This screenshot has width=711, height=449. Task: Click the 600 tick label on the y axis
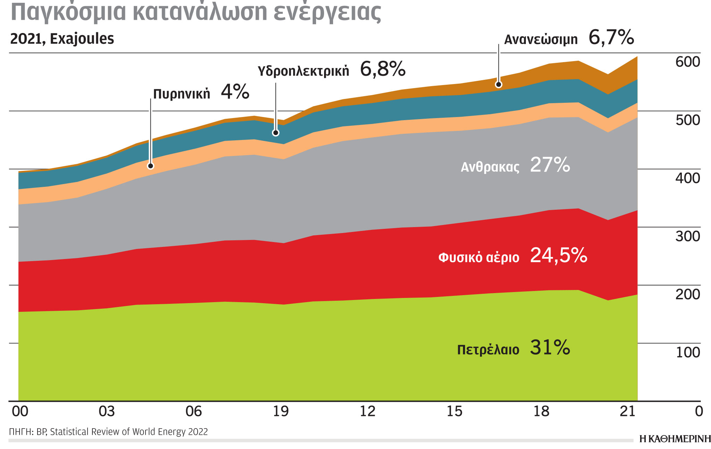pos(687,62)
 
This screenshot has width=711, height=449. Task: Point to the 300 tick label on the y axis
pos(687,236)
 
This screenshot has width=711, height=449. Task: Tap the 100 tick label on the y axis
pos(687,352)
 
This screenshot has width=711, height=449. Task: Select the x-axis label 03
pos(107,411)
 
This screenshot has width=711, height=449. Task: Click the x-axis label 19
pos(280,411)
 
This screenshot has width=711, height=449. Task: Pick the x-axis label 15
pos(454,411)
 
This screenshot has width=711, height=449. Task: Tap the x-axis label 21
pos(628,411)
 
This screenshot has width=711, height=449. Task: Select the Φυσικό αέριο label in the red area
pos(479,258)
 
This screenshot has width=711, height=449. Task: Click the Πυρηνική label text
pos(182,94)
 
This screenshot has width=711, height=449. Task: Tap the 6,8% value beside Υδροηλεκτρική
pos(382,69)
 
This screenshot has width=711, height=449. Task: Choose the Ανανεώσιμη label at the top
pos(541,40)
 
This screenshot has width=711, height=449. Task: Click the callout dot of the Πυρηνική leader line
pos(150,166)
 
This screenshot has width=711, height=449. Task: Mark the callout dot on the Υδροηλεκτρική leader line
pos(275,133)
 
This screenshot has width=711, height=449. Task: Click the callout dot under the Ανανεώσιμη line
pos(498,84)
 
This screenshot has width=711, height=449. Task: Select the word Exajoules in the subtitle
pos(82,39)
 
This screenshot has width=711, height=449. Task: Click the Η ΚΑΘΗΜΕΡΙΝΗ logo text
pos(675,439)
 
